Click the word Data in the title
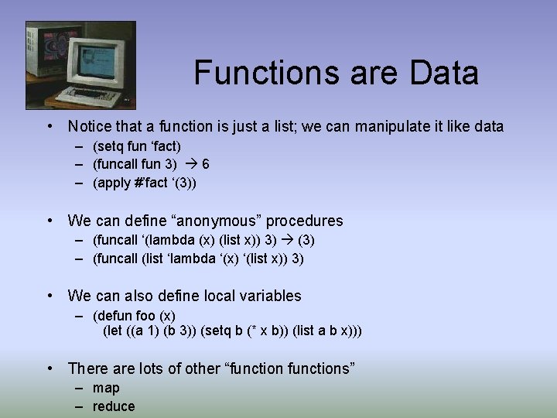pos(444,74)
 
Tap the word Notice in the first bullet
pos(90,126)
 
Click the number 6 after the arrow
pos(205,164)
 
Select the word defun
pos(113,316)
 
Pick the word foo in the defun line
pos(145,316)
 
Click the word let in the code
pos(115,331)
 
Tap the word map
pos(106,388)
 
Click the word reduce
pos(114,406)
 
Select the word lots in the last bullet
pos(149,368)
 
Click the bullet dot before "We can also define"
pos(50,296)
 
